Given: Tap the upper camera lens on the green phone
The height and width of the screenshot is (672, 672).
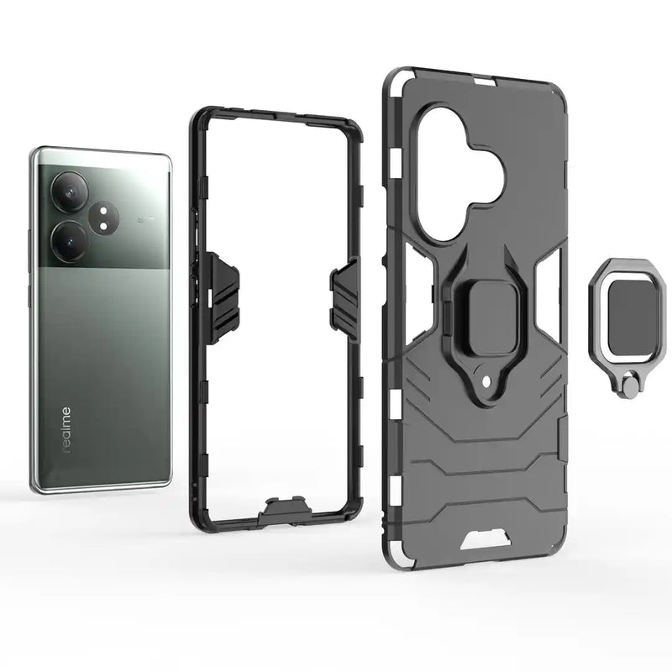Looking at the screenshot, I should pos(69,189).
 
